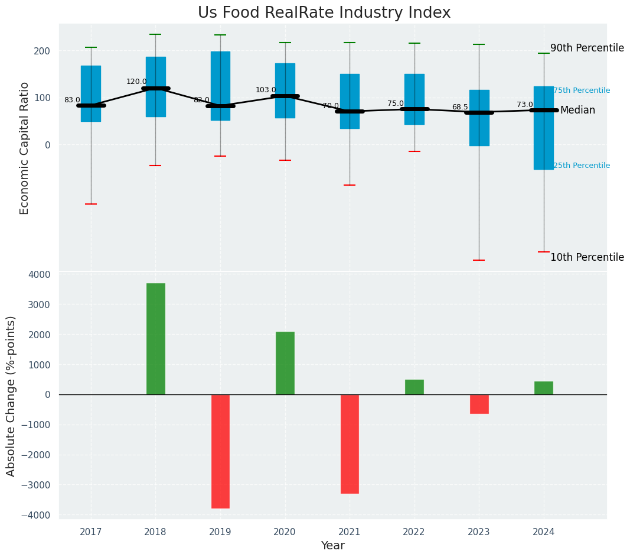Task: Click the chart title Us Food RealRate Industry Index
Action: coord(324,13)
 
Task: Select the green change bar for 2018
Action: coord(156,339)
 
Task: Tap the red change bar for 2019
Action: coord(220,451)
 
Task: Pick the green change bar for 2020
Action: coord(285,363)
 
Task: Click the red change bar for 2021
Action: coord(350,443)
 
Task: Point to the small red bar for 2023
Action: coord(479,404)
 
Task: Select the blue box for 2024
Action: coord(544,128)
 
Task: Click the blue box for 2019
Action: coord(220,86)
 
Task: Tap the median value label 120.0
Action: coord(136,82)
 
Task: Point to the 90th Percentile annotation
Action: coord(587,48)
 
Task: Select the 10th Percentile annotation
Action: coord(587,257)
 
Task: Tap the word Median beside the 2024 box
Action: coord(577,111)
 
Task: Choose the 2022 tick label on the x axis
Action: coord(414,532)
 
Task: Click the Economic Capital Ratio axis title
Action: coord(25,148)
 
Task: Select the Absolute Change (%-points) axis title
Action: coord(11,396)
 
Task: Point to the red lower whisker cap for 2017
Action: coord(91,204)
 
